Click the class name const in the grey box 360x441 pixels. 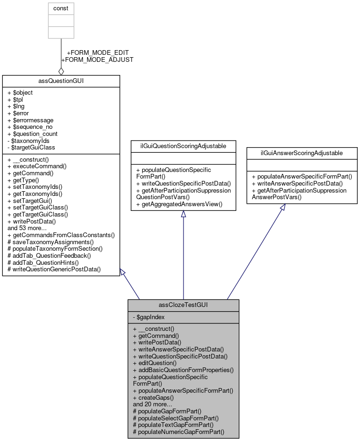tap(61, 8)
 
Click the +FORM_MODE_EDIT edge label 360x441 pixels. tap(98, 52)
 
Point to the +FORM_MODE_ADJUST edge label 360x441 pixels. tap(97, 60)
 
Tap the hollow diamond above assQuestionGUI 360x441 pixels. tap(61, 71)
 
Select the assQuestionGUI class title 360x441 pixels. tap(61, 81)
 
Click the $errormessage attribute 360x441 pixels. tap(30, 120)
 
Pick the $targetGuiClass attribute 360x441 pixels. tap(31, 147)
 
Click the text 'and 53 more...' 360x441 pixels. tap(27, 228)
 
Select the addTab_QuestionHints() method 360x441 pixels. tap(43, 262)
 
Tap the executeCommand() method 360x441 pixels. tap(37, 166)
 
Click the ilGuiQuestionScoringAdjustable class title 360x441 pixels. tap(183, 146)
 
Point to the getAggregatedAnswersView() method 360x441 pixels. tap(179, 204)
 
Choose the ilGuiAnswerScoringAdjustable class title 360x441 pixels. tap(301, 153)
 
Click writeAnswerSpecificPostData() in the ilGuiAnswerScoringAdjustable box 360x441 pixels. tap(297, 183)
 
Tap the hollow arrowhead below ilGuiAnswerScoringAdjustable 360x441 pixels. tap(283, 207)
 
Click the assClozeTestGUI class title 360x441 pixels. tap(183, 305)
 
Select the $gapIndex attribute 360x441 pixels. tap(149, 317)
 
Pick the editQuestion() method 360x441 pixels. tap(155, 363)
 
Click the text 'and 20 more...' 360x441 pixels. tap(153, 404)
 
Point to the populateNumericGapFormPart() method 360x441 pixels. tap(179, 432)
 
